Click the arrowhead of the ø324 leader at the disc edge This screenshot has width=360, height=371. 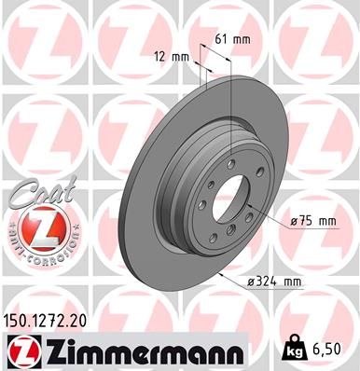pos(215,273)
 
